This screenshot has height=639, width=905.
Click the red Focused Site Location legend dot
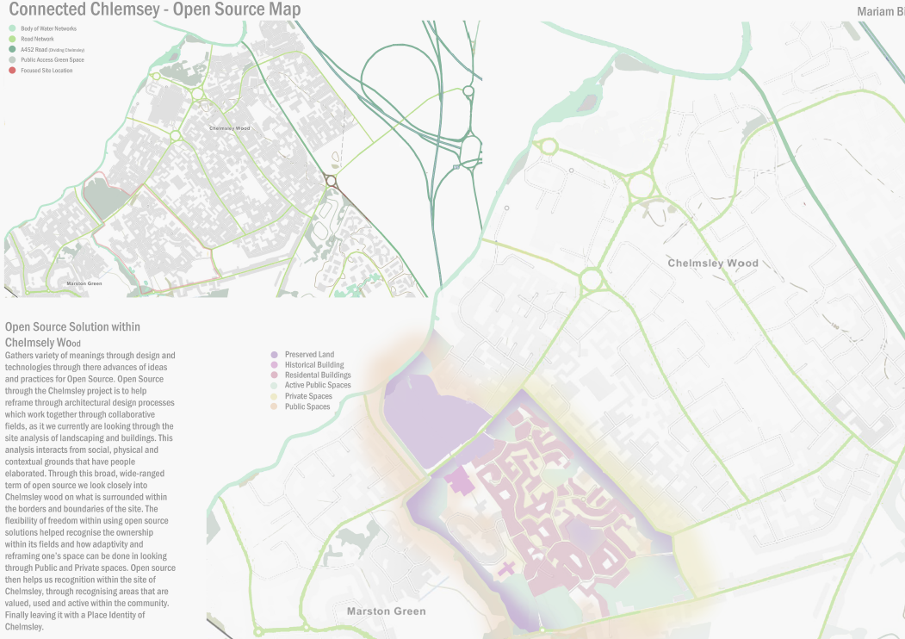tap(13, 71)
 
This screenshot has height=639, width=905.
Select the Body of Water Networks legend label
tap(48, 28)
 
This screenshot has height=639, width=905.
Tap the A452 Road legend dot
tap(13, 50)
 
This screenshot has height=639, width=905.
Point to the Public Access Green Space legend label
tap(52, 60)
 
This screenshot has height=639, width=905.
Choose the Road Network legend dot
tap(13, 39)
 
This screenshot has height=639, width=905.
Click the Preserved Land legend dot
tap(274, 355)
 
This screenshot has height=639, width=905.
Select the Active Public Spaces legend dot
tap(274, 386)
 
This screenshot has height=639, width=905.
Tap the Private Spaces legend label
tap(307, 396)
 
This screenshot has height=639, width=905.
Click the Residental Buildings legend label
tap(318, 375)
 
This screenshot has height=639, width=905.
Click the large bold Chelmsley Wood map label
tap(713, 264)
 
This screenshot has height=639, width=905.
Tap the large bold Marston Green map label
tap(386, 611)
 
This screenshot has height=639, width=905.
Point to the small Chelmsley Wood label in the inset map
tap(229, 128)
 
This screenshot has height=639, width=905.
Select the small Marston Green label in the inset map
tap(84, 282)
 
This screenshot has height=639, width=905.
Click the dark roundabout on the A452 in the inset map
tap(331, 181)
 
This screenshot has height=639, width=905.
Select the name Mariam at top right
tap(877, 12)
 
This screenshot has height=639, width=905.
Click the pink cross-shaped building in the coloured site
tap(508, 568)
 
